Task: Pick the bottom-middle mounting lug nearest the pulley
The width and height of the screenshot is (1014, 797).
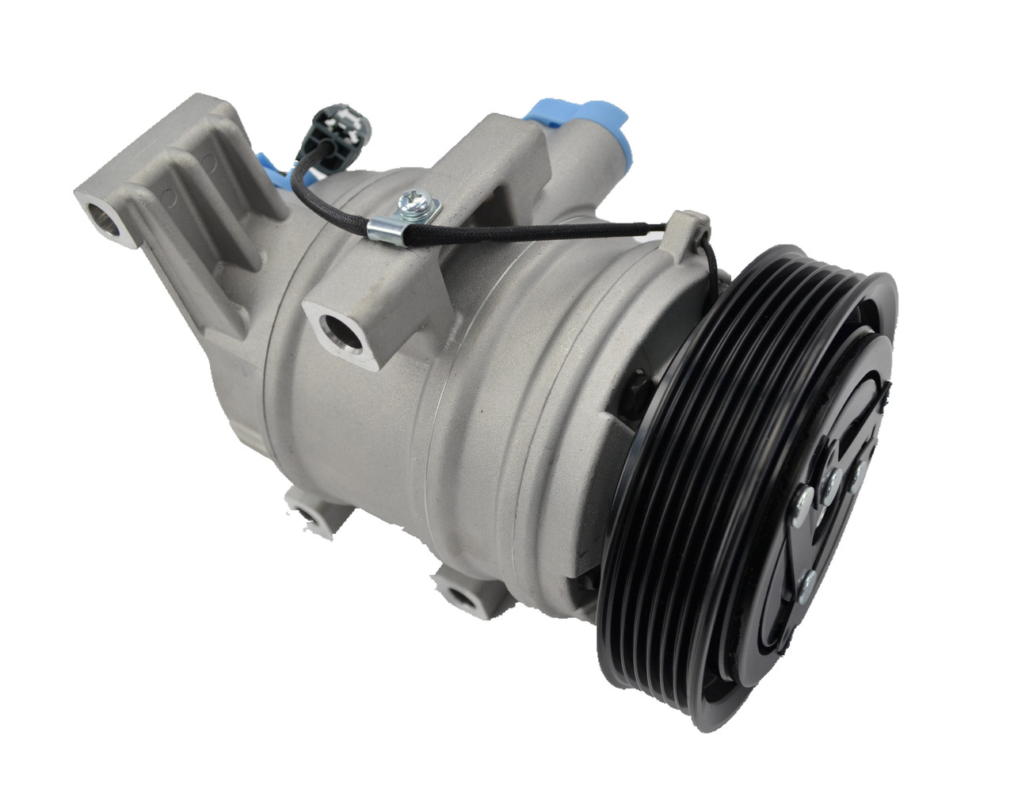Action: point(459,593)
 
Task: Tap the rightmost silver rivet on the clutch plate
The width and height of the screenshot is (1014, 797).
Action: point(857,472)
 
